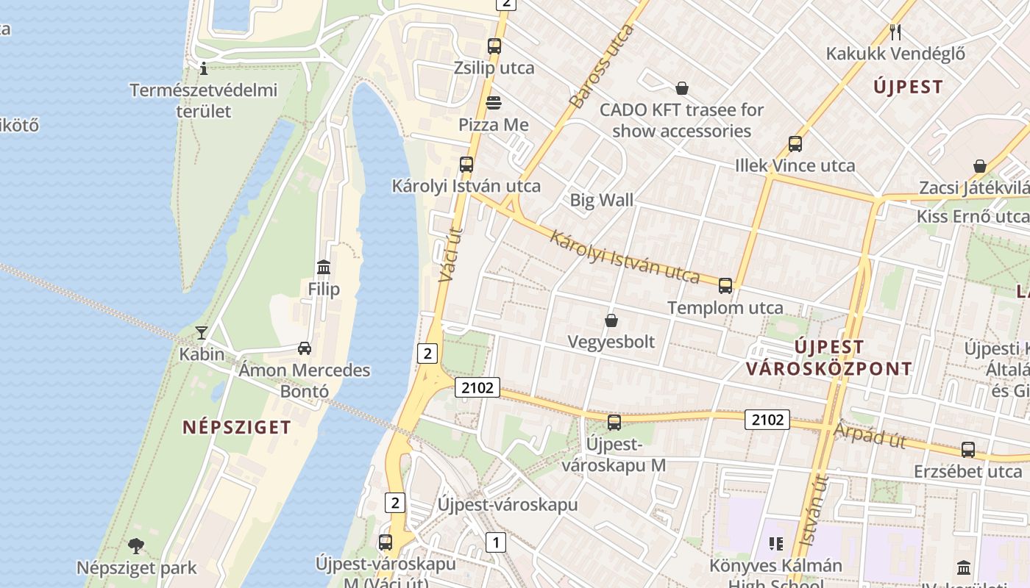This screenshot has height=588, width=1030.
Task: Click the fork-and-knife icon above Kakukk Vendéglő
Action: (895, 32)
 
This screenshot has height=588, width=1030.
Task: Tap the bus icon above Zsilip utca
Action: (494, 46)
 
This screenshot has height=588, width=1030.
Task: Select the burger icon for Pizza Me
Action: (494, 103)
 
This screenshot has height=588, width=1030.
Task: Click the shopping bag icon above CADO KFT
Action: (682, 88)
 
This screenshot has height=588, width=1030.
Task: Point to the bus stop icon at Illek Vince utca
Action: (795, 144)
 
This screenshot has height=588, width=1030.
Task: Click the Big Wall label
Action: (601, 200)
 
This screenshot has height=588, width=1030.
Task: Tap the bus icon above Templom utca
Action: (725, 286)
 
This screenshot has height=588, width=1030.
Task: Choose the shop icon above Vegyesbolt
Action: (611, 320)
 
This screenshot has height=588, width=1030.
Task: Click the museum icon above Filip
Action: (324, 267)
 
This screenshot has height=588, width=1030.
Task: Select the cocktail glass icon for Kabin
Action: (201, 332)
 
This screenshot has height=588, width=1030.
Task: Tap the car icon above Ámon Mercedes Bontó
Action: (305, 348)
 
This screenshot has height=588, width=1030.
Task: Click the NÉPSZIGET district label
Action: (237, 427)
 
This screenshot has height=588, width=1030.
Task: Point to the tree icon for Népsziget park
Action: (136, 546)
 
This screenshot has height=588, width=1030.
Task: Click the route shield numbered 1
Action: (496, 542)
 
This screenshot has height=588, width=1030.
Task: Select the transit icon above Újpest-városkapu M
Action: (614, 423)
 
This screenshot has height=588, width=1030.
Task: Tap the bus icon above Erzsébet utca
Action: (968, 450)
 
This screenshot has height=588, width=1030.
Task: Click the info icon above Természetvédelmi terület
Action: (204, 69)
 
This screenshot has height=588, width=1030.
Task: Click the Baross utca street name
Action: (601, 66)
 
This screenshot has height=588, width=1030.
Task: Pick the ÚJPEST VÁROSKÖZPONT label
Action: (829, 357)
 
